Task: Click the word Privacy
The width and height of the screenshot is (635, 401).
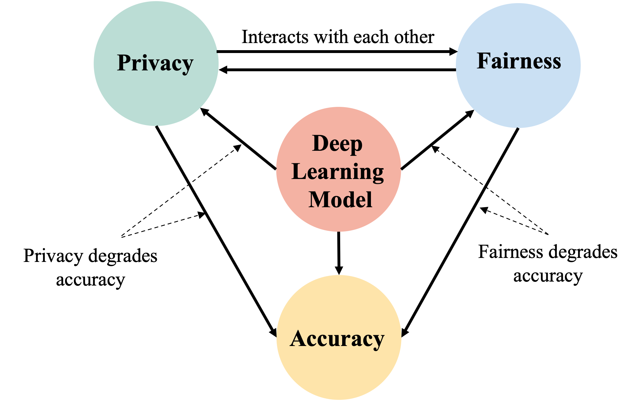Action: [x=155, y=63]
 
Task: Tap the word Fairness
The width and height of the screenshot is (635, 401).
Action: [x=519, y=61]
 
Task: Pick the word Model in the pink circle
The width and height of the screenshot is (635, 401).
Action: [x=340, y=200]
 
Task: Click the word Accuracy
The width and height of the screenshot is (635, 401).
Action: [x=337, y=339]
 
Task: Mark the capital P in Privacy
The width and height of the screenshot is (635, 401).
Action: [x=125, y=63]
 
